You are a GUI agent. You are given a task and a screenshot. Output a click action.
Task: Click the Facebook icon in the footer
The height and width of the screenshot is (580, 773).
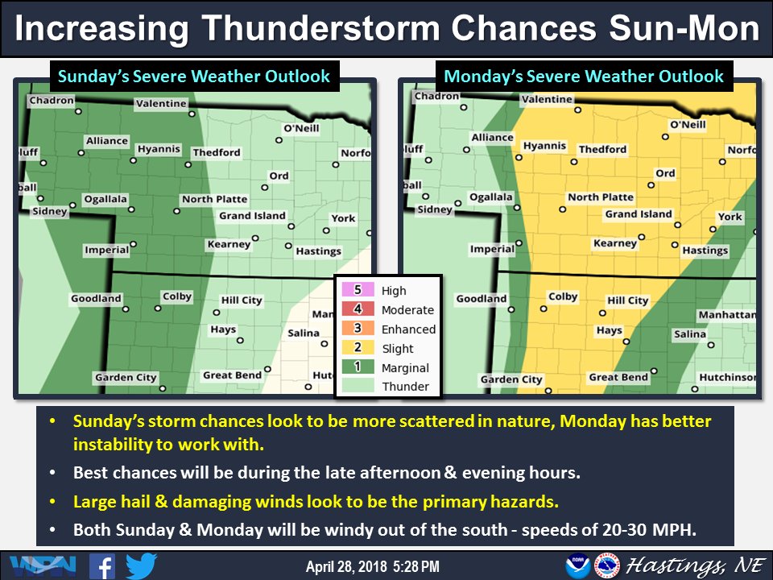pyautogui.click(x=101, y=565)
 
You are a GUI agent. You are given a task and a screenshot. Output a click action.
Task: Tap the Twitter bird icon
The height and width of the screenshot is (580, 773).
pyautogui.click(x=141, y=565)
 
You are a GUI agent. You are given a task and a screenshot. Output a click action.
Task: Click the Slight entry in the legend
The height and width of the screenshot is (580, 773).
pyautogui.click(x=398, y=349)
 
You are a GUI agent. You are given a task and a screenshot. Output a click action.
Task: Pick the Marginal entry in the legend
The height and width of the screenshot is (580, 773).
pyautogui.click(x=405, y=368)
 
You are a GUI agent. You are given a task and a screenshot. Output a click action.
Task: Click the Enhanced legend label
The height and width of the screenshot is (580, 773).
pyautogui.click(x=408, y=329)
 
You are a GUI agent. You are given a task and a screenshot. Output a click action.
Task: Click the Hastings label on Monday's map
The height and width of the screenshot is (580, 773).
pyautogui.click(x=705, y=251)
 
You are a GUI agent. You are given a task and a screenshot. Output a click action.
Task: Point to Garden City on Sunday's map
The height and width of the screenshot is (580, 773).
pyautogui.click(x=126, y=378)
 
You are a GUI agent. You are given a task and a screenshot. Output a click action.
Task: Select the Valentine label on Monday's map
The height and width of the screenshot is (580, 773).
pyautogui.click(x=547, y=100)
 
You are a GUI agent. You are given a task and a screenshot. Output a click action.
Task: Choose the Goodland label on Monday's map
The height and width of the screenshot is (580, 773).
pyautogui.click(x=482, y=299)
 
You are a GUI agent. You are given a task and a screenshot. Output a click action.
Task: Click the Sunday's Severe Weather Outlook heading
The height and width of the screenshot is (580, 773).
pyautogui.click(x=193, y=77)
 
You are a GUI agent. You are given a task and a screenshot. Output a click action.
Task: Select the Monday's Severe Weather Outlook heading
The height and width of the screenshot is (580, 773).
pyautogui.click(x=584, y=77)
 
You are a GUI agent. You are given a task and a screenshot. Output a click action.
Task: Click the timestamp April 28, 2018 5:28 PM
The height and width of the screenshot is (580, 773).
pyautogui.click(x=372, y=566)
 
